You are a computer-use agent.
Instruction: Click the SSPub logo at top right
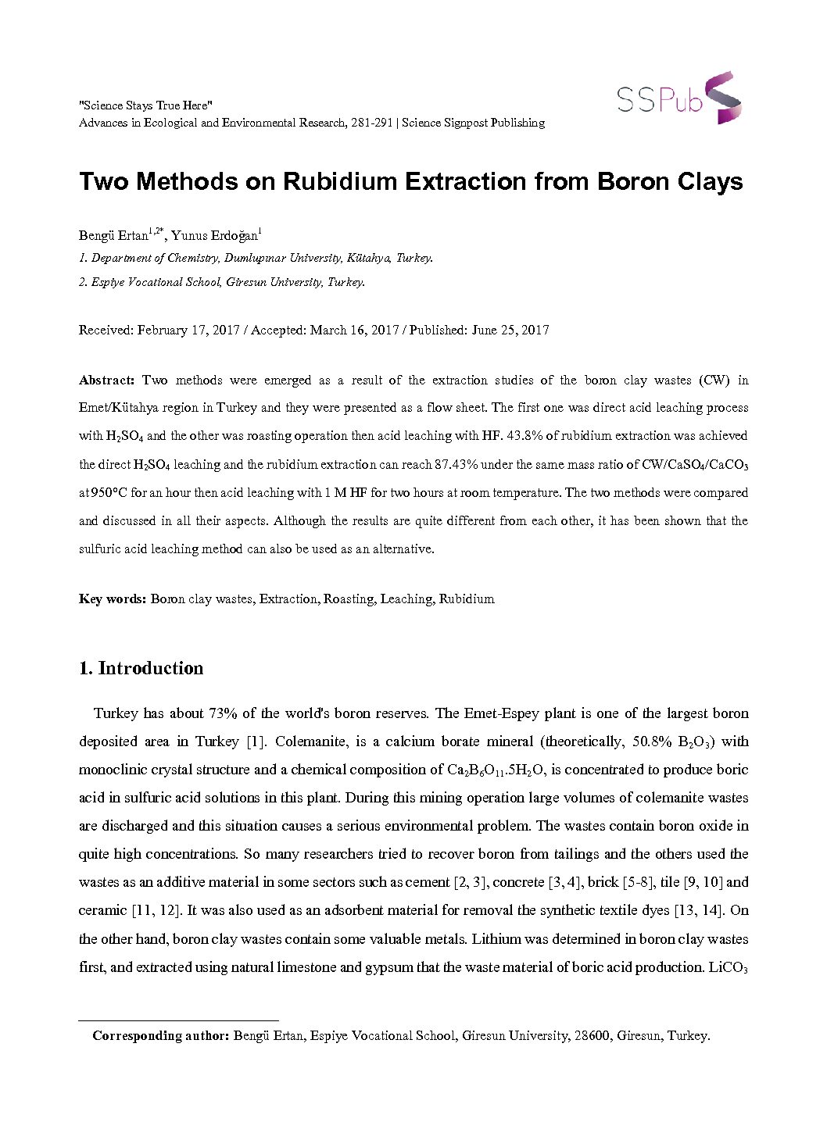[x=678, y=98]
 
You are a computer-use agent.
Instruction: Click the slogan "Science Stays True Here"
[x=145, y=105]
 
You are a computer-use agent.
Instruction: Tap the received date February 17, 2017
[x=188, y=330]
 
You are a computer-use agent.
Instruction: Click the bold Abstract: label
[x=107, y=381]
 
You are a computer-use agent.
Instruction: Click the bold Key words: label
[x=113, y=599]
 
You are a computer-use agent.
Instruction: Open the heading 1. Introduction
[x=141, y=668]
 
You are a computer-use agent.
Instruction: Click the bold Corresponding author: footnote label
[x=160, y=1036]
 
